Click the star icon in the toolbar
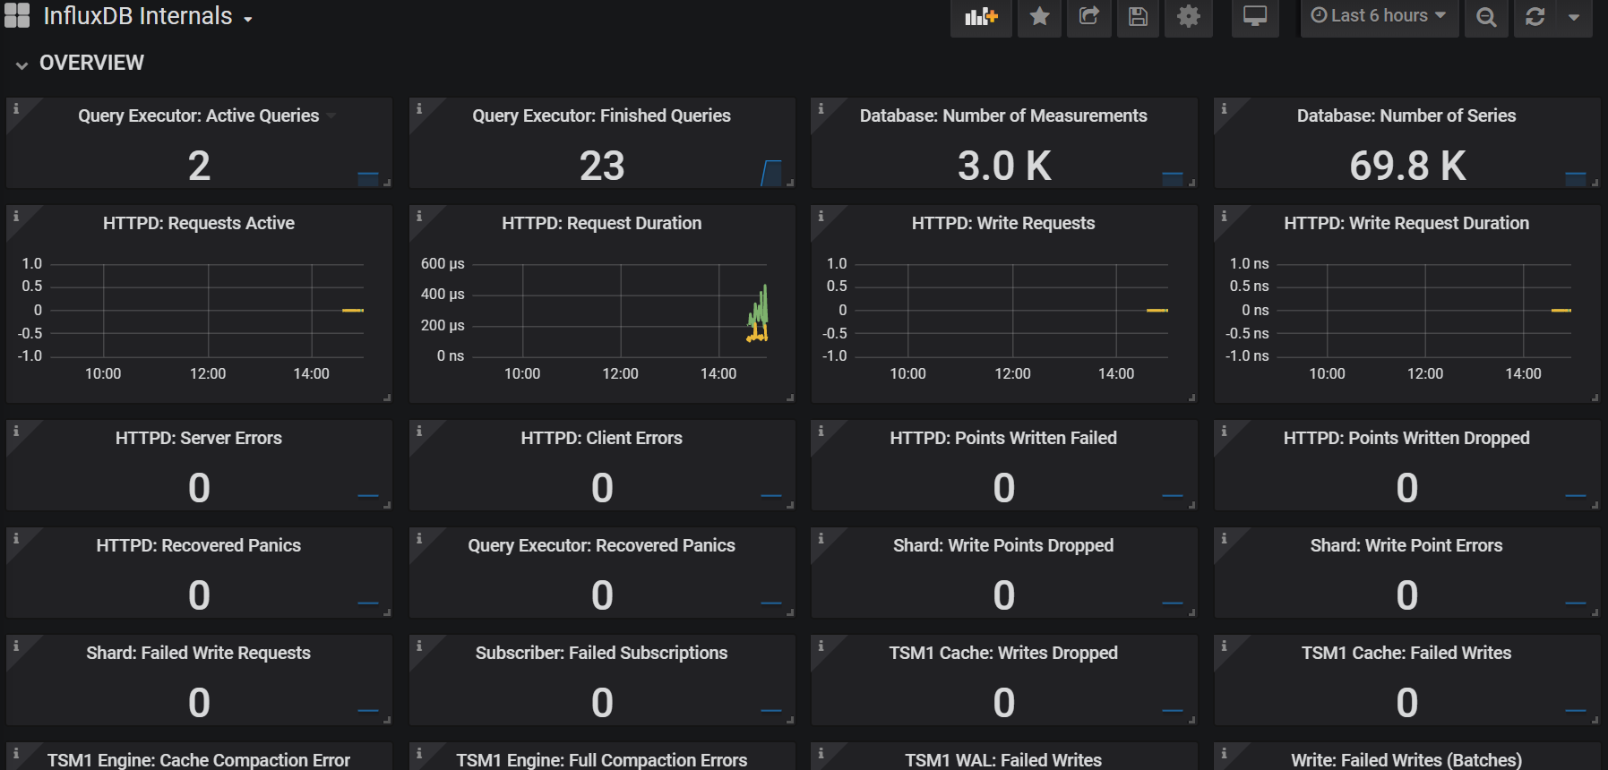click(x=1039, y=16)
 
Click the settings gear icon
click(x=1188, y=16)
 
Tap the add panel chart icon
click(x=981, y=16)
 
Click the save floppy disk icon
click(x=1138, y=16)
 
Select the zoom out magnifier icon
click(x=1486, y=17)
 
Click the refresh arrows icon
click(x=1535, y=17)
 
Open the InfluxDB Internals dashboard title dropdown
click(x=148, y=16)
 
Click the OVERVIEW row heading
click(x=91, y=63)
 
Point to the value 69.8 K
click(x=1407, y=166)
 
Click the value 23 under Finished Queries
click(x=602, y=166)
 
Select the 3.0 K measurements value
click(x=1004, y=166)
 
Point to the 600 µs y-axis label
click(x=443, y=263)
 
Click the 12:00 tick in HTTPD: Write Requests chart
click(x=1012, y=373)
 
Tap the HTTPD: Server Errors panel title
click(x=199, y=438)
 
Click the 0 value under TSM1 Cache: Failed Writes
click(x=1406, y=703)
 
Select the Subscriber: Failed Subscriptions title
click(x=601, y=653)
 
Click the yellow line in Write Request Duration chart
click(x=1561, y=310)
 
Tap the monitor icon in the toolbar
click(x=1255, y=16)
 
